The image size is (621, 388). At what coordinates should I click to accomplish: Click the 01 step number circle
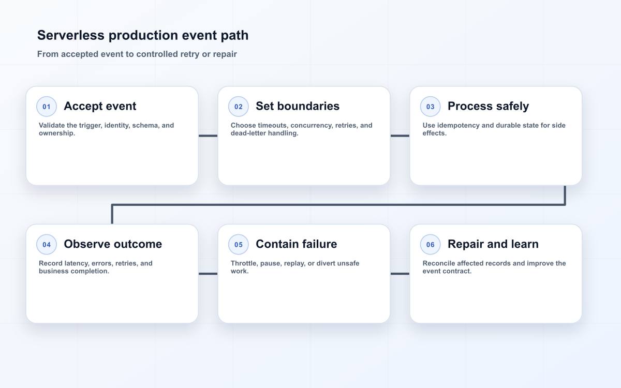pos(47,107)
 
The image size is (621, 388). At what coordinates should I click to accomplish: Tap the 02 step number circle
pos(239,107)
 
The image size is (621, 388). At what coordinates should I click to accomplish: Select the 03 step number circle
pos(430,107)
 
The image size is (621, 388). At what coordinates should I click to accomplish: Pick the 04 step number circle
pos(47,244)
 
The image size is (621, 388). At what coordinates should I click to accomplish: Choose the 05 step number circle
pos(239,244)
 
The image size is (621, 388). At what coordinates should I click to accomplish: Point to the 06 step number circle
pos(430,244)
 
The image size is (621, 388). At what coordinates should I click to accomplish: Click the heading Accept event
pos(100,106)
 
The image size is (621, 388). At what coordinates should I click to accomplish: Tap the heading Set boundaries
pos(298,106)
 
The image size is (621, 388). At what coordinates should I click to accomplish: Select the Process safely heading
pos(488,107)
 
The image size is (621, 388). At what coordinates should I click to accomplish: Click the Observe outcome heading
pos(113,244)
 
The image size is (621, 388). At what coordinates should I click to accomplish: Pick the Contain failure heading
pos(297,244)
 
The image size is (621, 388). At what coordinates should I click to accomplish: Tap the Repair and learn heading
pos(493,244)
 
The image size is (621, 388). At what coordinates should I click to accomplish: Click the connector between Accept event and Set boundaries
pos(208,136)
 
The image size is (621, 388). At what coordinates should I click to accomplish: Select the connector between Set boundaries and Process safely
pos(400,136)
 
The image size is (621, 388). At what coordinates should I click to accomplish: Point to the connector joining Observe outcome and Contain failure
pos(208,274)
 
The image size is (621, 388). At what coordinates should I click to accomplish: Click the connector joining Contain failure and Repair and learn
pos(400,274)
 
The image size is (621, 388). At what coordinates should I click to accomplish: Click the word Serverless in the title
pos(71,36)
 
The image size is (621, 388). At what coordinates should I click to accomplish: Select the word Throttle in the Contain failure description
pos(244,263)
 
